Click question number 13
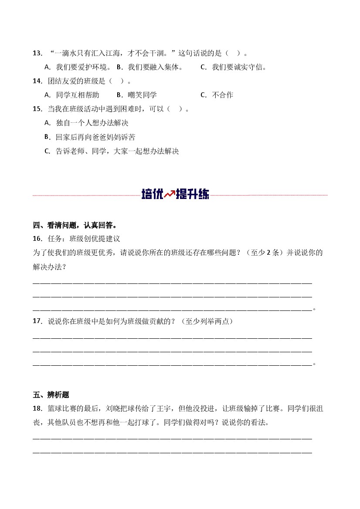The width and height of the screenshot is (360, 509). (x=37, y=54)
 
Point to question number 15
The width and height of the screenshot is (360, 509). (x=37, y=109)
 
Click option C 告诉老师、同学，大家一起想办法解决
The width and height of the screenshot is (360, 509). (x=112, y=152)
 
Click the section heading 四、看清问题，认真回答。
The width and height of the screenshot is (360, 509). (x=75, y=225)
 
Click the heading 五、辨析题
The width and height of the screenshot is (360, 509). (x=51, y=395)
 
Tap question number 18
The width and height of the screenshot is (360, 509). (x=37, y=409)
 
